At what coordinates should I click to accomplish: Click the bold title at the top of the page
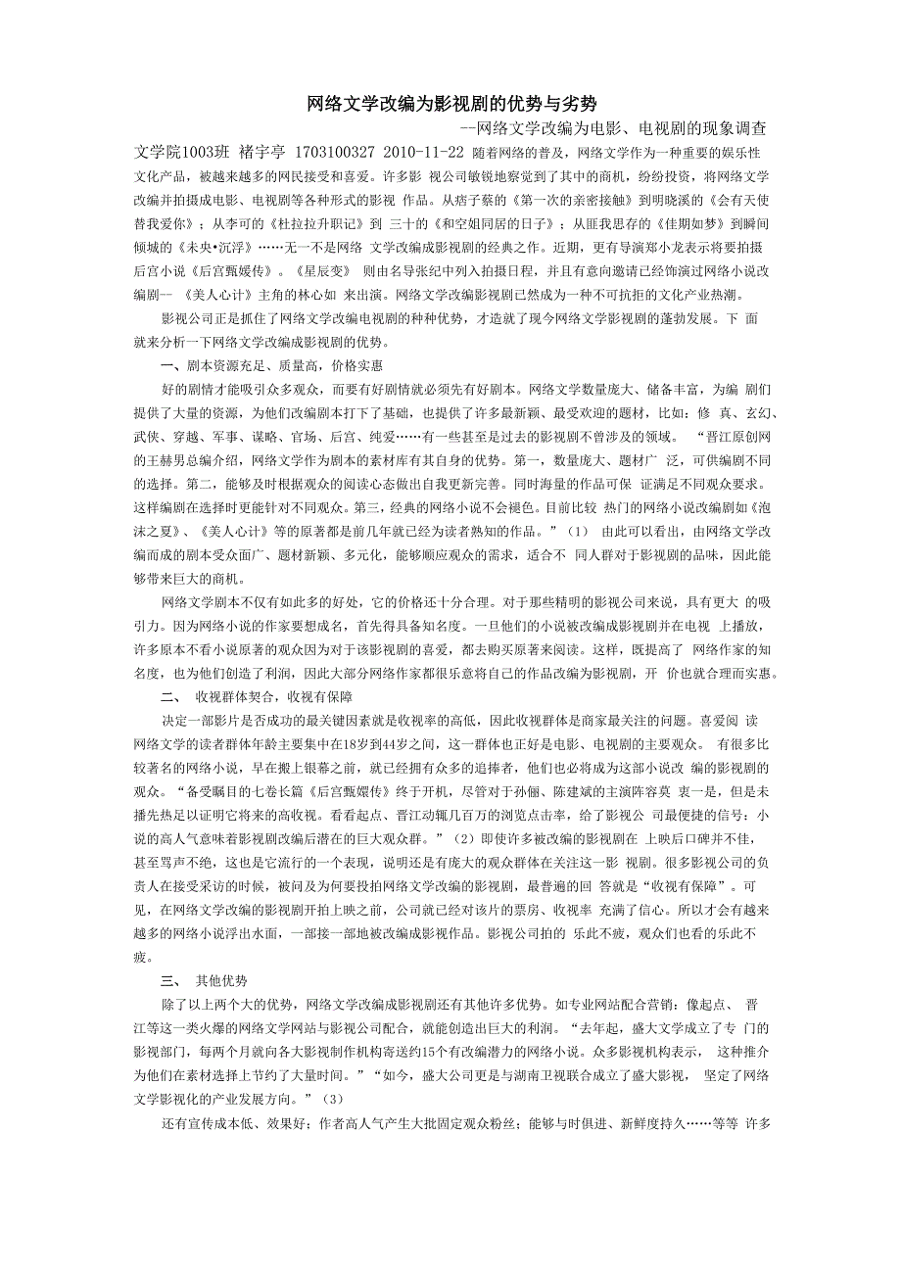pyautogui.click(x=451, y=103)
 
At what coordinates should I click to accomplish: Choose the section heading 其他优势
pyautogui.click(x=221, y=980)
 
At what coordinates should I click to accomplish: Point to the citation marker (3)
pyautogui.click(x=334, y=1098)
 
